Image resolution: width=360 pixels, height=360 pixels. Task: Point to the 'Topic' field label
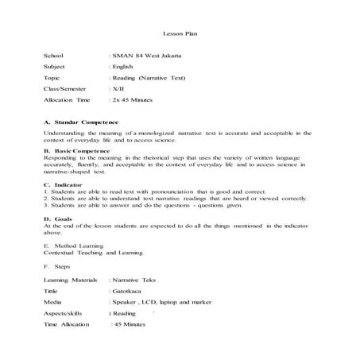[x=52, y=79]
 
